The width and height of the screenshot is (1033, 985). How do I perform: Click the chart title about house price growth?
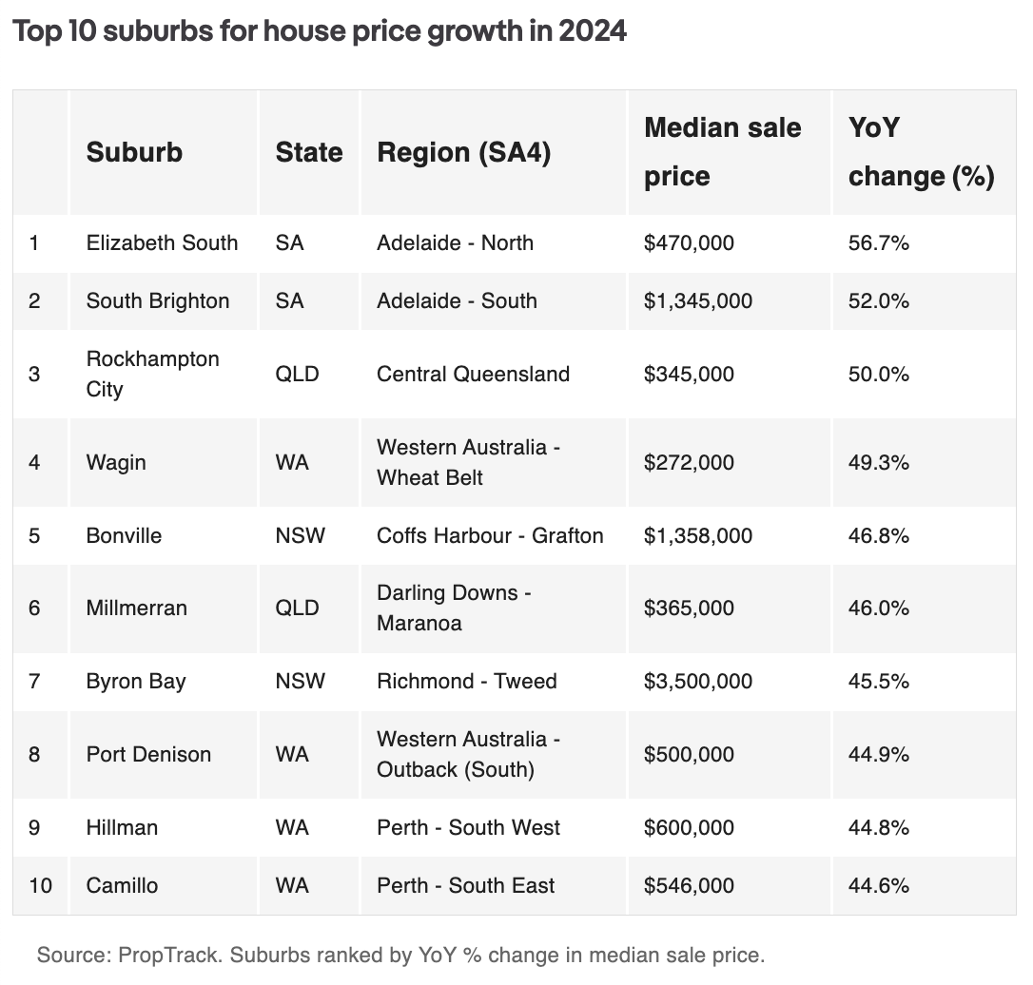[319, 31]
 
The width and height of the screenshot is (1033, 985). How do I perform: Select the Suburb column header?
[134, 152]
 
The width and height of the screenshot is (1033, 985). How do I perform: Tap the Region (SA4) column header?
[463, 152]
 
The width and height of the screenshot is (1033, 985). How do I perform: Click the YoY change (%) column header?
[920, 152]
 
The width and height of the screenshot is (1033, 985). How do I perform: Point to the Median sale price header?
[722, 152]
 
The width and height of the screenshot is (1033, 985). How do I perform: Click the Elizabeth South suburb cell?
[162, 242]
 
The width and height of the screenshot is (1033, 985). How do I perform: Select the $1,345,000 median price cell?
[697, 300]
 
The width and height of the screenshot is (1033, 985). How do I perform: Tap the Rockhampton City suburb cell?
[152, 374]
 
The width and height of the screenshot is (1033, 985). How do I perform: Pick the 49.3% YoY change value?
[878, 462]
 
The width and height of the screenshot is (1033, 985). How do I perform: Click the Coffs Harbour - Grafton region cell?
[490, 535]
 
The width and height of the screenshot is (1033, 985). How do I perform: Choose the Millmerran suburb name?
[136, 608]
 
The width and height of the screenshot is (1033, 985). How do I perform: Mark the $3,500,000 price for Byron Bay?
[697, 681]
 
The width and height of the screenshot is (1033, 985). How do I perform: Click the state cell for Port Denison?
[292, 754]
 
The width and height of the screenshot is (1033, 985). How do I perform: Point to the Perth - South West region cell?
[468, 827]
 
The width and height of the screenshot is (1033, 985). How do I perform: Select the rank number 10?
[40, 885]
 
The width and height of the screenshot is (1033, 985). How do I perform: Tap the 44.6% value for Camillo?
[878, 885]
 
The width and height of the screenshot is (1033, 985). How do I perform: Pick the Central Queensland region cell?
[473, 374]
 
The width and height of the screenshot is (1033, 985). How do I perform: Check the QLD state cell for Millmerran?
[297, 608]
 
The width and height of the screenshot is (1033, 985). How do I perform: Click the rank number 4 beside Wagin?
[34, 462]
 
